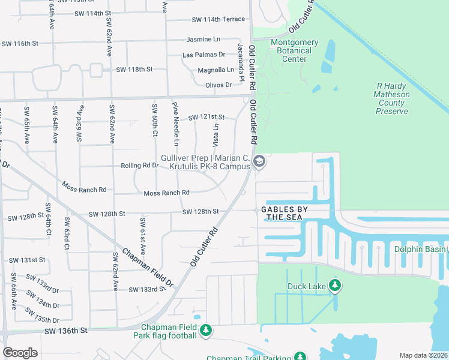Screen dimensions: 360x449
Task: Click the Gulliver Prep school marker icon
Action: click(259, 161)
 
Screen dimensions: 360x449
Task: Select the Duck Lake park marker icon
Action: click(336, 286)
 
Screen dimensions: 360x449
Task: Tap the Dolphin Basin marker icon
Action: click(444, 249)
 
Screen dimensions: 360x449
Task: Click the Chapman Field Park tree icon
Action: click(206, 331)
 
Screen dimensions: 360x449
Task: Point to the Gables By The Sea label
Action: click(286, 213)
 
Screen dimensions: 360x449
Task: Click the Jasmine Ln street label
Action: click(204, 39)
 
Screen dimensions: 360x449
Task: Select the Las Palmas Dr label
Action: click(204, 55)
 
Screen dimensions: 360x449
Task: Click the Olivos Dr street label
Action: click(218, 85)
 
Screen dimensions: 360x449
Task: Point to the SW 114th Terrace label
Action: click(218, 20)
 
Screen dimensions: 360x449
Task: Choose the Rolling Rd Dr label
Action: click(139, 166)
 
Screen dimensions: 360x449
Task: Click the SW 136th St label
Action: click(66, 330)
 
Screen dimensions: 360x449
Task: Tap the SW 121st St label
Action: click(206, 116)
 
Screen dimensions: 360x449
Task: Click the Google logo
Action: click(20, 352)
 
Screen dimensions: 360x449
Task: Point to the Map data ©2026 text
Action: click(424, 355)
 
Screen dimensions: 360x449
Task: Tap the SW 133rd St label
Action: click(147, 289)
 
